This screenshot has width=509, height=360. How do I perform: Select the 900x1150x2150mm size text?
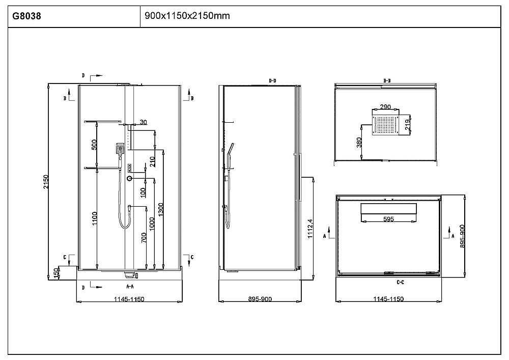coord(187,16)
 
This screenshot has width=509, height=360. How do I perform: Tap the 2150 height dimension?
coord(46,182)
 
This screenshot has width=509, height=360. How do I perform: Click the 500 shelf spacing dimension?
coord(94,145)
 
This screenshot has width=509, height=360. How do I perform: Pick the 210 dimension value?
coord(152,161)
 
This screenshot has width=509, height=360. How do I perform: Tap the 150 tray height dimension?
coord(56,273)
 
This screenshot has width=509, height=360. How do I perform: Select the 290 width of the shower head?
coord(385,107)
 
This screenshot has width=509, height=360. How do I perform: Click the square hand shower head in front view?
coord(120,149)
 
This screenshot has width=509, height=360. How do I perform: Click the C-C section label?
coord(400,282)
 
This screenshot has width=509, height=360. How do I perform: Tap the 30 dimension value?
coord(143,122)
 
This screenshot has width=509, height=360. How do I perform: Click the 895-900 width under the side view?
coord(260,299)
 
